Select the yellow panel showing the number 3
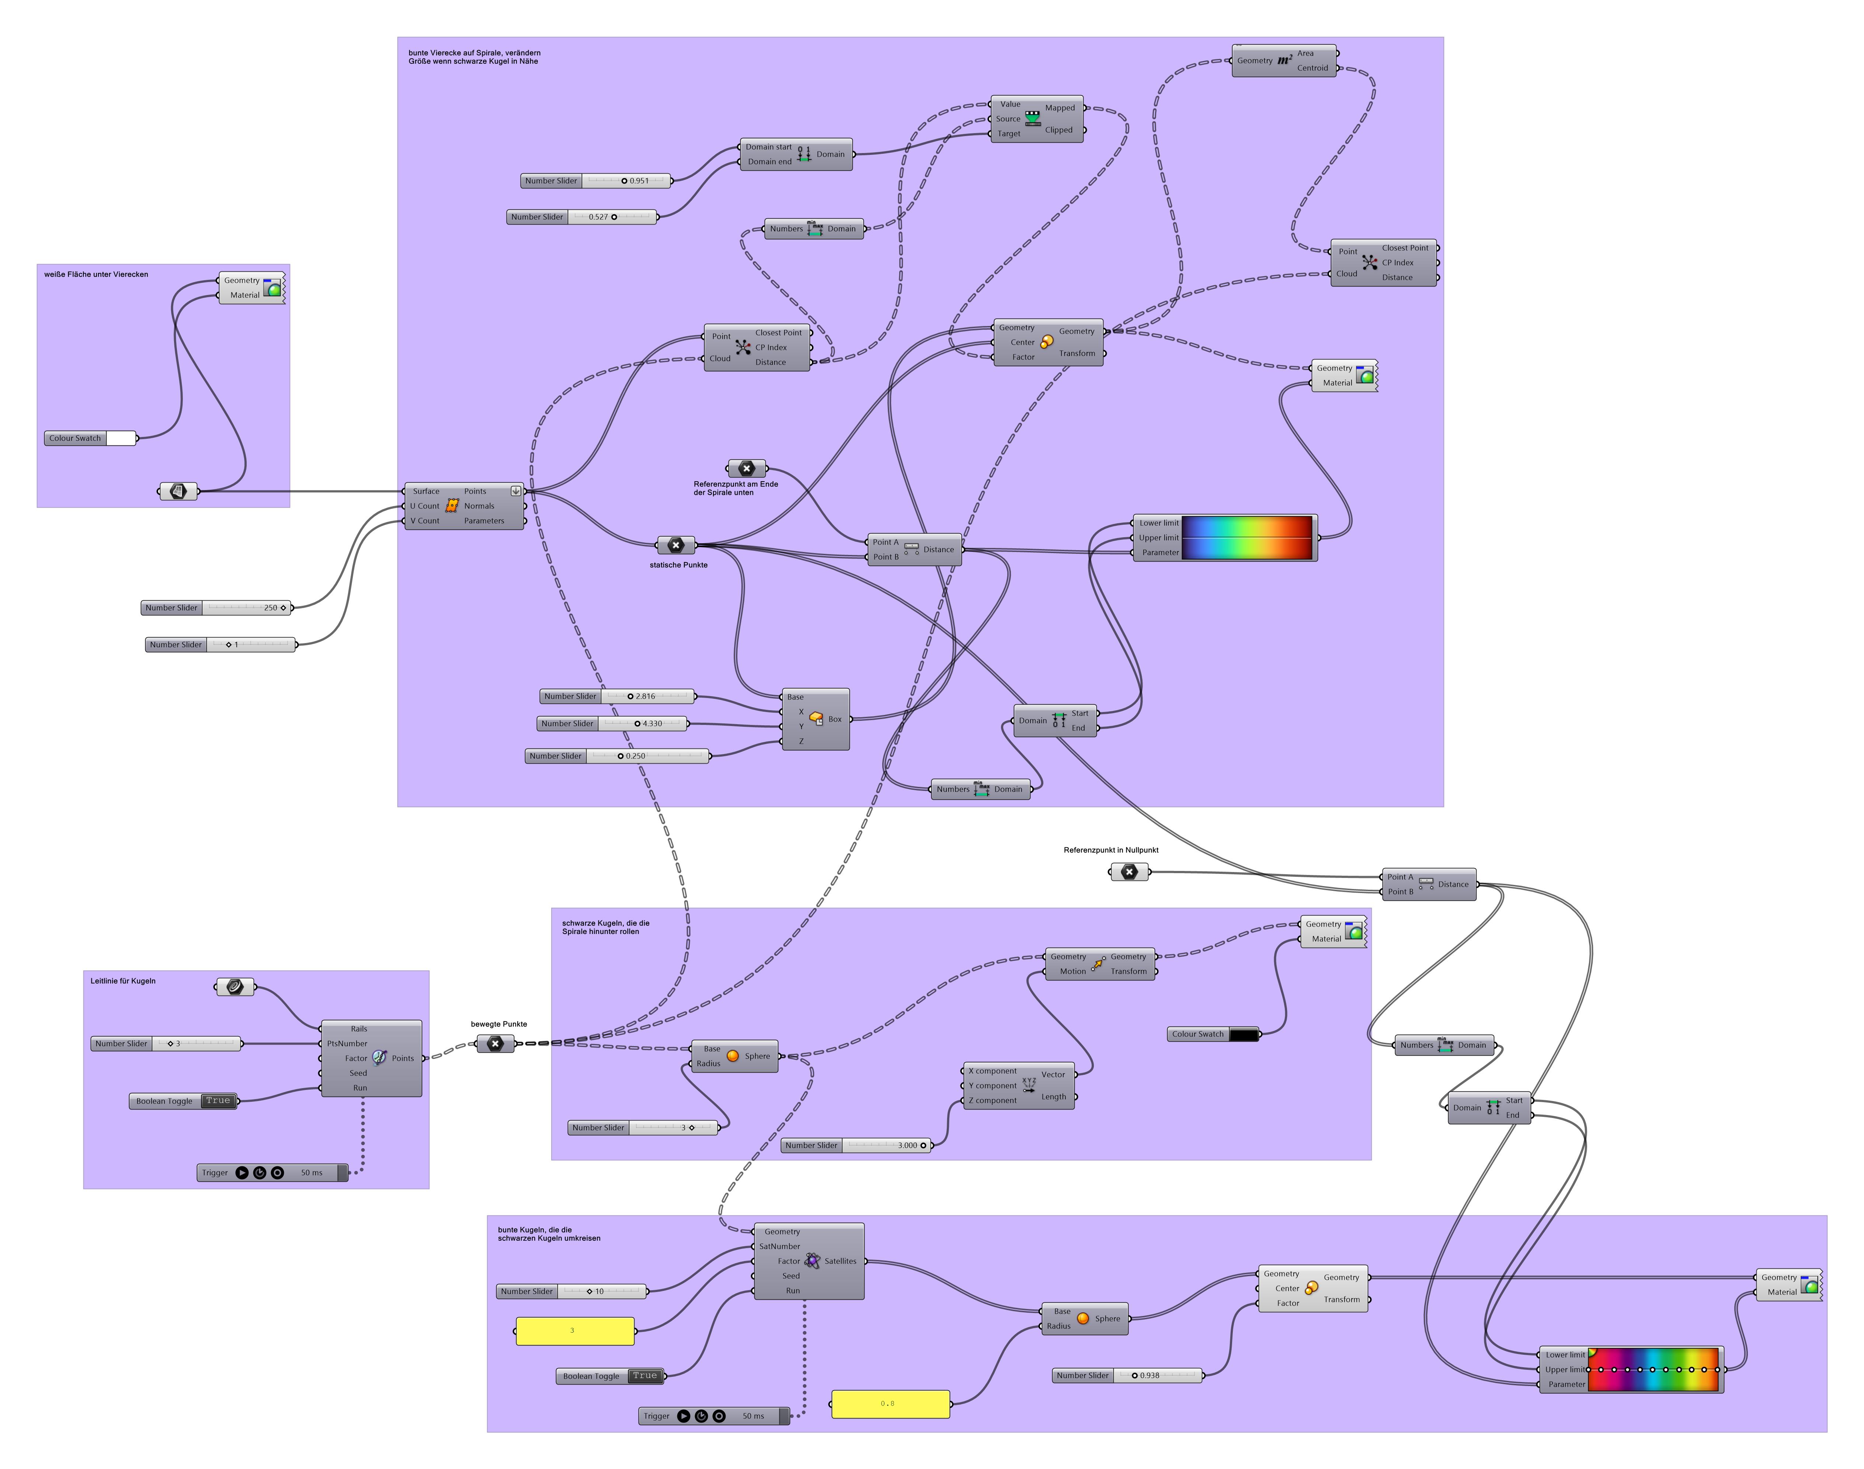574,1330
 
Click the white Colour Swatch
120,439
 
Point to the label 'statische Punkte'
678,565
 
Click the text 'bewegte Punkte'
499,1024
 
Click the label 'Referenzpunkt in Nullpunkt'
1111,850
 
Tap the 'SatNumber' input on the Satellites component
779,1246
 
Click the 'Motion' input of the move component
1072,971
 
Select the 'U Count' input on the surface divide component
425,506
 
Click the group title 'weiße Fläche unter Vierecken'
96,274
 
